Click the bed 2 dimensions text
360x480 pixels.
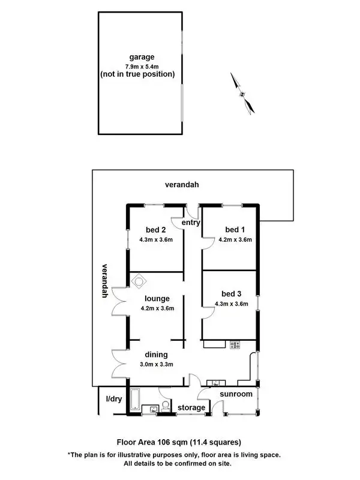156,239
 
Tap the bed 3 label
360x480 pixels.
231,293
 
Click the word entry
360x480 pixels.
190,223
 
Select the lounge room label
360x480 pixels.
157,298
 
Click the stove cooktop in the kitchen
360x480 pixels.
234,344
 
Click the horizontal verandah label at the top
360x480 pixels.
182,185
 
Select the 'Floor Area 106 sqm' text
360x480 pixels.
154,443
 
